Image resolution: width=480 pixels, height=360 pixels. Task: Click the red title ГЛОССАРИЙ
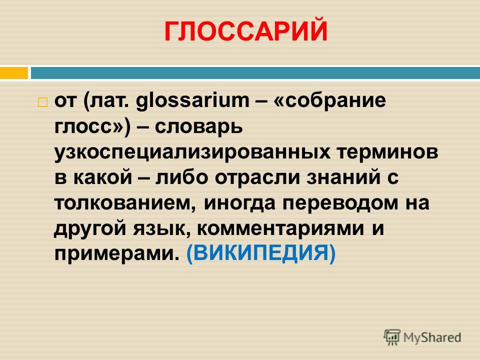[x=246, y=31]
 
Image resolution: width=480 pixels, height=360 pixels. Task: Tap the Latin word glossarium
[x=192, y=100]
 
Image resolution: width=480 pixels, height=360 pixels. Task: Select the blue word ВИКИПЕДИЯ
[x=261, y=253]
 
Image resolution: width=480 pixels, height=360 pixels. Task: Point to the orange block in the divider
[x=14, y=73]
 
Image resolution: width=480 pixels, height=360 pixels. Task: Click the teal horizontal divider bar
[x=255, y=73]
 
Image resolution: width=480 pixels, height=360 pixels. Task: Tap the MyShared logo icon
[x=392, y=337]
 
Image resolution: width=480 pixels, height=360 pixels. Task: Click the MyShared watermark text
[x=432, y=337]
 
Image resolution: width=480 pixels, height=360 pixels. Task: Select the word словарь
[x=198, y=126]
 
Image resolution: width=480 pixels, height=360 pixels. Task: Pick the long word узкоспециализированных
[x=192, y=152]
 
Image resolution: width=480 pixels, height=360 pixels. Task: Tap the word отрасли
[x=257, y=177]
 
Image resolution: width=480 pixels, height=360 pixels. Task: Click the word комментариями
[x=280, y=228]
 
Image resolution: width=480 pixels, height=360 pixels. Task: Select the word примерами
[x=117, y=254]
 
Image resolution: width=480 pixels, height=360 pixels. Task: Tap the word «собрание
[x=329, y=100]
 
